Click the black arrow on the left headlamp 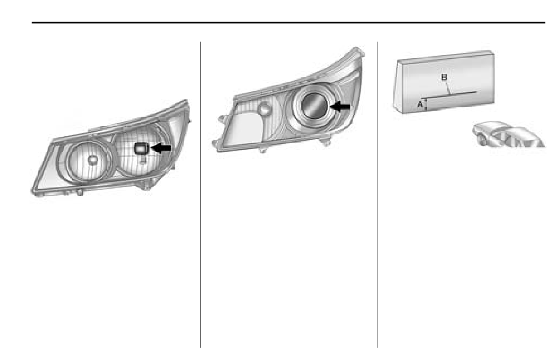pos(161,148)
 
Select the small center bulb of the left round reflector pos(93,160)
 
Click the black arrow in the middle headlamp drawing pos(340,106)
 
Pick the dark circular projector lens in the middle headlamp pos(314,106)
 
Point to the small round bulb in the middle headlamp pos(264,108)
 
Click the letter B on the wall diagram pos(444,77)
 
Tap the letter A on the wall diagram pos(420,104)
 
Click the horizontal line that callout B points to pos(449,94)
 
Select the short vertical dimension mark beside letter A pos(426,104)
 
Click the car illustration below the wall pos(509,134)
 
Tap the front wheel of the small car pos(483,140)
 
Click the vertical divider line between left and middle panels pos(201,195)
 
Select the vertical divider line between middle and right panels pos(378,195)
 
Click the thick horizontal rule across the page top pos(288,22)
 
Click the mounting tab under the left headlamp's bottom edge pos(79,192)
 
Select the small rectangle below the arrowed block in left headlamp pos(142,159)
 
